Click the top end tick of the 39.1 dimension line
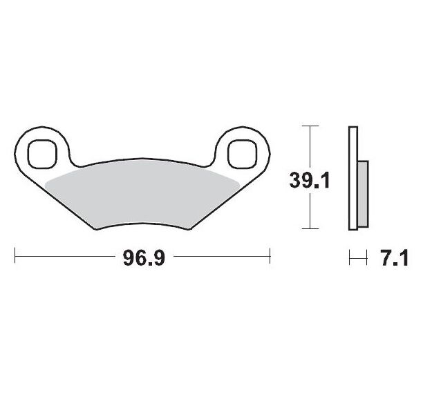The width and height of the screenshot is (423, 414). pyautogui.click(x=312, y=126)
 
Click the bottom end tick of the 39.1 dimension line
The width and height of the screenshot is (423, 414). pyautogui.click(x=312, y=229)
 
